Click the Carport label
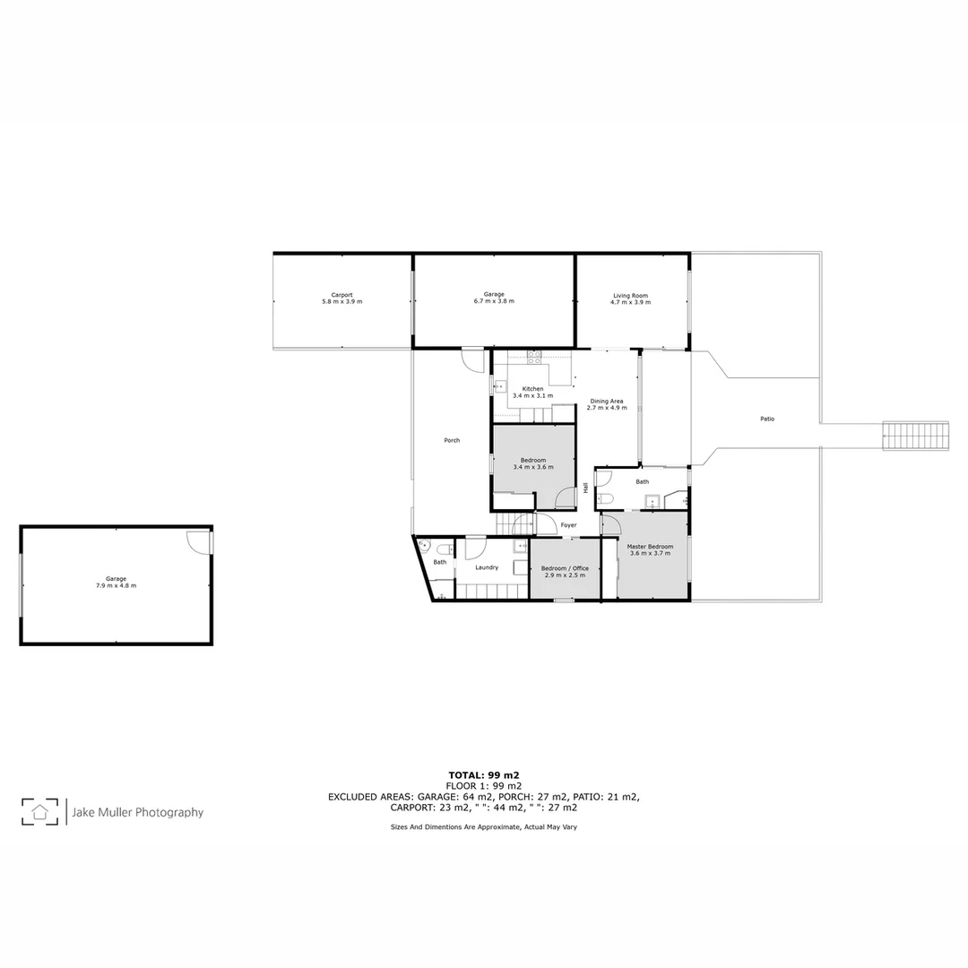point(341,295)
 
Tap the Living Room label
point(630,296)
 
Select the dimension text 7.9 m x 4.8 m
point(116,585)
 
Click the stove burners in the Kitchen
point(534,356)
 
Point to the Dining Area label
point(606,401)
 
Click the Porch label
point(452,440)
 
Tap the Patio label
point(767,419)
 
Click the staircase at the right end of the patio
point(915,436)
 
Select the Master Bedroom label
point(650,546)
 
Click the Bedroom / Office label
point(566,568)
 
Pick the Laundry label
point(487,567)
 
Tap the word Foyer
point(568,525)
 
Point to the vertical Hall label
point(586,488)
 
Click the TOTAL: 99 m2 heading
point(484,774)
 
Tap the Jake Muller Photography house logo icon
point(40,812)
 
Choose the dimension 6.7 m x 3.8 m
point(494,301)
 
